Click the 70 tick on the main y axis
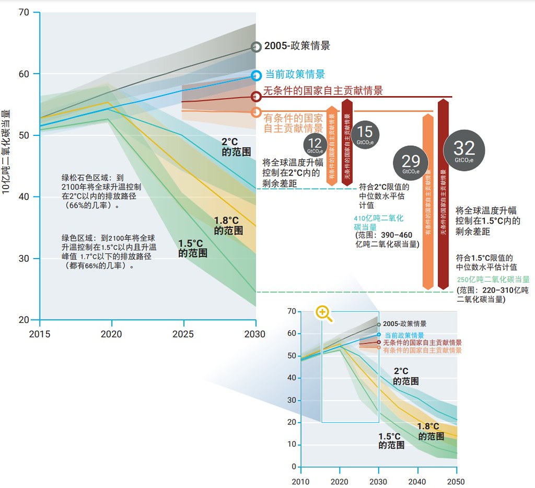[x=24, y=12]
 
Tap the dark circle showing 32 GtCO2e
[x=464, y=151]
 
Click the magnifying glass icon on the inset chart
[x=324, y=313]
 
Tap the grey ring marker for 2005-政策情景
[x=256, y=47]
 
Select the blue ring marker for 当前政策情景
[x=256, y=75]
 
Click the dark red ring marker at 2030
[x=256, y=97]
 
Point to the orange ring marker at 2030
[x=256, y=112]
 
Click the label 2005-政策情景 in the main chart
[x=297, y=46]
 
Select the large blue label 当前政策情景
[x=295, y=74]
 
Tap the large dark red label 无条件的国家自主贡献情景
[x=323, y=90]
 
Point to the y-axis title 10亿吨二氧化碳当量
[x=6, y=152]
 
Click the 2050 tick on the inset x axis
[x=456, y=481]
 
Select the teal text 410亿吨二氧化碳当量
[x=379, y=223]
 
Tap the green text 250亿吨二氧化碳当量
[x=493, y=280]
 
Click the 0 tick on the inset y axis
[x=294, y=467]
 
